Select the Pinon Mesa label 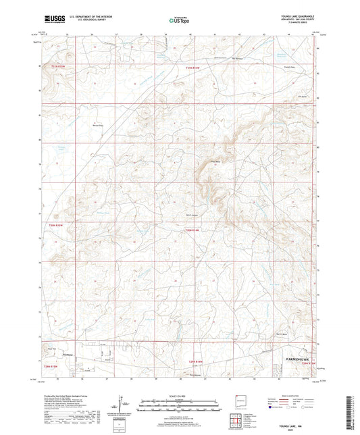198,162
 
